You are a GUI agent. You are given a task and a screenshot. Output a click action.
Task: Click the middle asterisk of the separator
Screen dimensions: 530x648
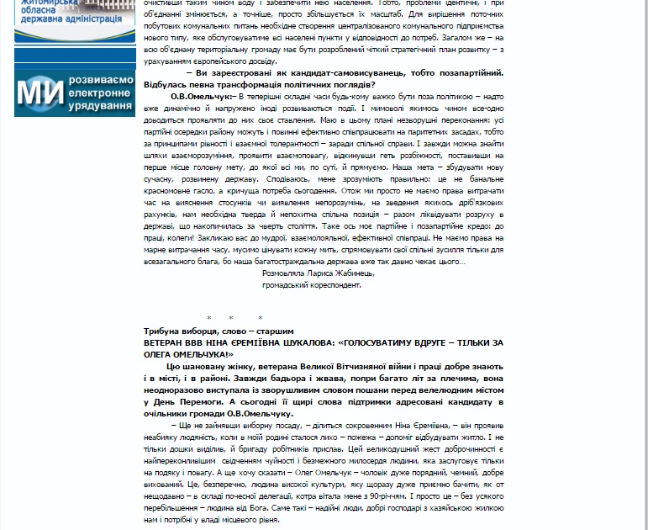(232, 318)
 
